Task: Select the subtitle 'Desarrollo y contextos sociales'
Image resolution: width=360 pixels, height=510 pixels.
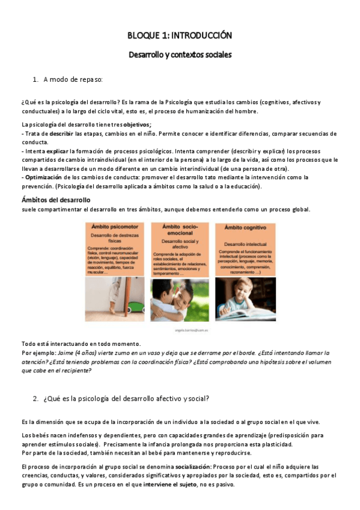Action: [180, 54]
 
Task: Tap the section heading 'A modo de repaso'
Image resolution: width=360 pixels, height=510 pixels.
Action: [73, 79]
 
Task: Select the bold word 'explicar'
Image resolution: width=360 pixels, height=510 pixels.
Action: [56, 151]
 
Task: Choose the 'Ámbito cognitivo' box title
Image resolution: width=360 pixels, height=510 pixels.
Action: [245, 227]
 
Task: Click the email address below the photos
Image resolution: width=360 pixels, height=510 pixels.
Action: [180, 330]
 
